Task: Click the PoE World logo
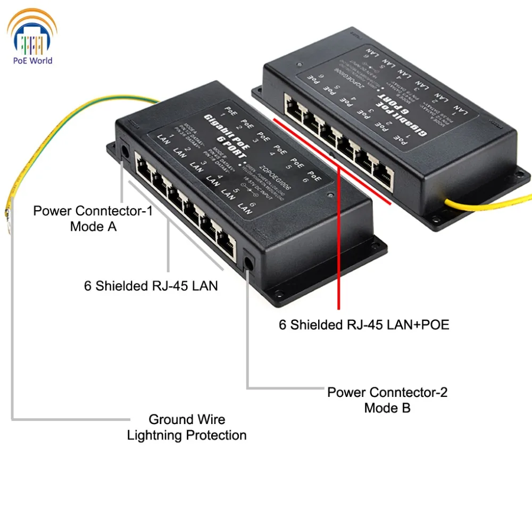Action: point(32,37)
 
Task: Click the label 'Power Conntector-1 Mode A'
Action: point(93,219)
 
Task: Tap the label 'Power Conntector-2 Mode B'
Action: point(387,400)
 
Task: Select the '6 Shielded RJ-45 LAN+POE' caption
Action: point(364,325)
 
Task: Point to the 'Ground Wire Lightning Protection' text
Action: point(186,428)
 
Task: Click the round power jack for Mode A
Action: point(124,150)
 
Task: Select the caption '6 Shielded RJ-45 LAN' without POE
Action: point(151,286)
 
